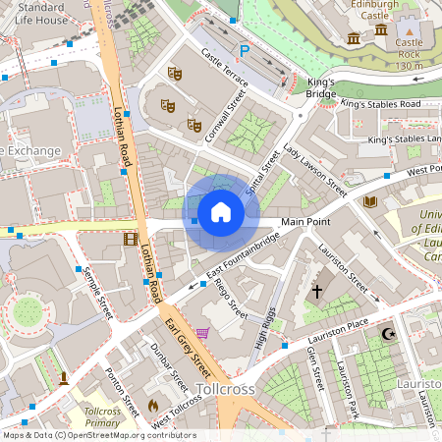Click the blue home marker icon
pos(220,211)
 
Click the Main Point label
pos(305,222)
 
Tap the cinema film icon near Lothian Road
pos(131,238)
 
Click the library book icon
pos(370,201)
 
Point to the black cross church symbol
pos(316,292)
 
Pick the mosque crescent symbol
pos(386,335)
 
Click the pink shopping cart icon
pos(202,333)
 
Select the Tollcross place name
pos(226,390)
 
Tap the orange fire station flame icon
pos(152,404)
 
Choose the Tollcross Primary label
pos(102,417)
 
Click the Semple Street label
pos(99,293)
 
